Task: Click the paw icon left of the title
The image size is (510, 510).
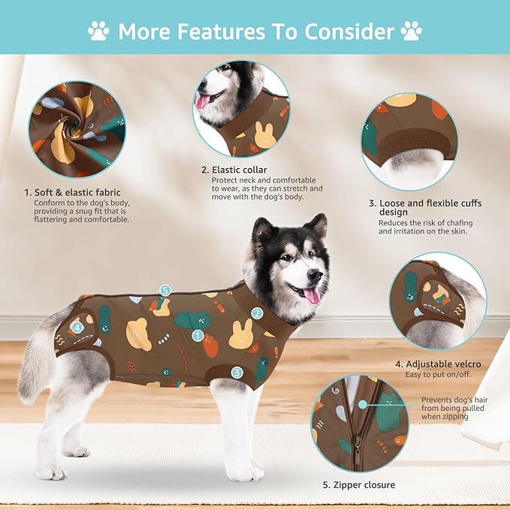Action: [98, 31]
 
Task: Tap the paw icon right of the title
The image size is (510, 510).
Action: [411, 31]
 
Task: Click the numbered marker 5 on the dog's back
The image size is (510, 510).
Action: [165, 290]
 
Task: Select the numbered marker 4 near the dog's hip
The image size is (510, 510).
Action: [77, 327]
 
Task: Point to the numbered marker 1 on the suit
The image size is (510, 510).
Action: [198, 336]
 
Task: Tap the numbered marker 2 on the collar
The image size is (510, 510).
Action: [257, 313]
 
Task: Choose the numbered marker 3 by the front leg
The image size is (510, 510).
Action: [237, 372]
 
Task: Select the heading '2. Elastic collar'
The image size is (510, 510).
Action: [234, 170]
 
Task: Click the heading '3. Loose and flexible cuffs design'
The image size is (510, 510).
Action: [425, 207]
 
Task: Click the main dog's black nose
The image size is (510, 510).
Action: [318, 276]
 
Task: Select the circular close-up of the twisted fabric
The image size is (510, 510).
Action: [77, 128]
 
